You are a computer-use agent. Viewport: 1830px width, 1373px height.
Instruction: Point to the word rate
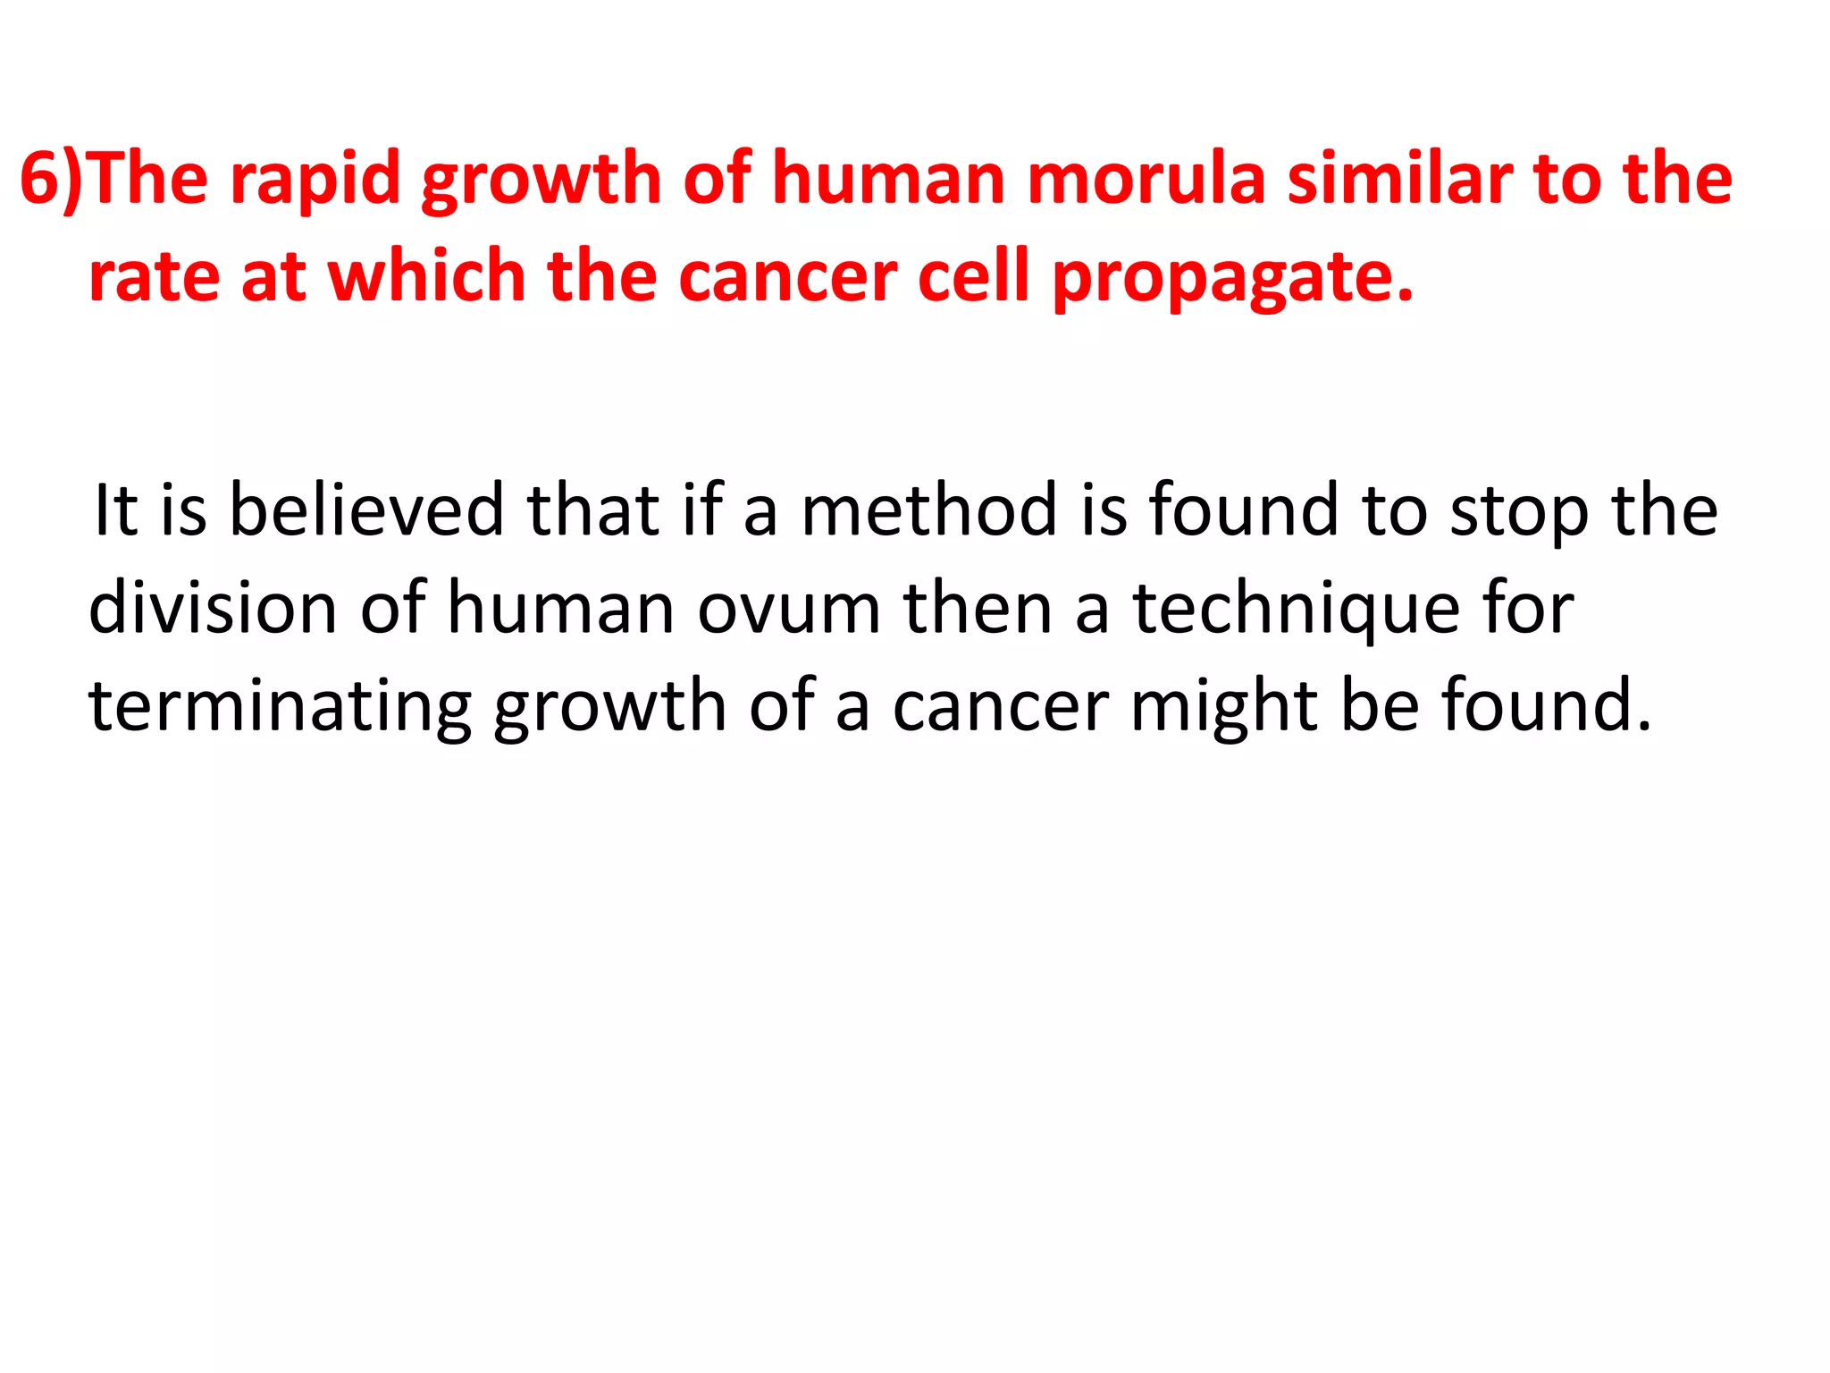[x=154, y=278]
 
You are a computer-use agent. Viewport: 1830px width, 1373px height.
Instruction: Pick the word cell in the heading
[x=974, y=278]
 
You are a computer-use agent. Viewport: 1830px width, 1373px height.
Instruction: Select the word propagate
[x=1233, y=278]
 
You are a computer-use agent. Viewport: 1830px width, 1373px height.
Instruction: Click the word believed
[x=366, y=510]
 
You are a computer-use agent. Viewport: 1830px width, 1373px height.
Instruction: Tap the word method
[x=929, y=510]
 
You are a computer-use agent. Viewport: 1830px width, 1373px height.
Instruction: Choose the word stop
[x=1519, y=510]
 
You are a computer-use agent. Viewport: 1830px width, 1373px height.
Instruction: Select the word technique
[x=1297, y=609]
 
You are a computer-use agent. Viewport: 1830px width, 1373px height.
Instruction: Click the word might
[x=1224, y=707]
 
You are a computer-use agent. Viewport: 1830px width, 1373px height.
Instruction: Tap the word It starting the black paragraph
[x=114, y=510]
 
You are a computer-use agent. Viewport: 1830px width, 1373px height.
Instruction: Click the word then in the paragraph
[x=978, y=609]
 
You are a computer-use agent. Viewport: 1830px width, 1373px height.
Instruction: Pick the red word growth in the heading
[x=541, y=180]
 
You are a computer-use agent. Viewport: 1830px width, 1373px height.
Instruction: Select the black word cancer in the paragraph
[x=1001, y=707]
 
